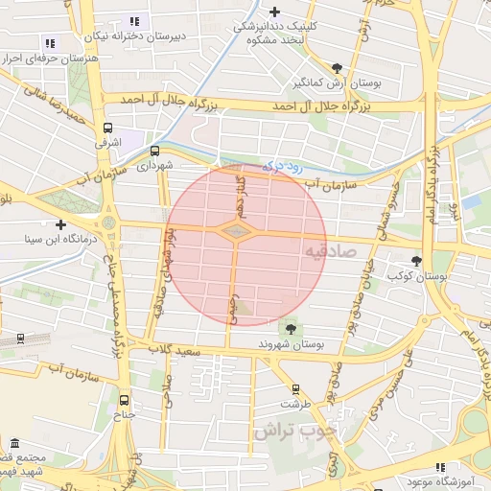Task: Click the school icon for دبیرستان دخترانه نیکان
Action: [x=134, y=21]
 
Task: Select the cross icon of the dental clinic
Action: [x=275, y=12]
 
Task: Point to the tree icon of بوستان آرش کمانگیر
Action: [x=337, y=68]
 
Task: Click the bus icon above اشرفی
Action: [x=107, y=127]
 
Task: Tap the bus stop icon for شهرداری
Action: [x=154, y=151]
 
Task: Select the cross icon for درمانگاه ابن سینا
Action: [x=61, y=223]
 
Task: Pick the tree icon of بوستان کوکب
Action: [x=416, y=261]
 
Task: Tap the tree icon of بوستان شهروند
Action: [x=292, y=327]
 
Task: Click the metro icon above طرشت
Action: [x=295, y=389]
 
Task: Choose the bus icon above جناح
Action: [x=124, y=400]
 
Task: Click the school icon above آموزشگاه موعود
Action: [x=440, y=466]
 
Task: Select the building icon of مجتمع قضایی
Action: [x=15, y=443]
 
